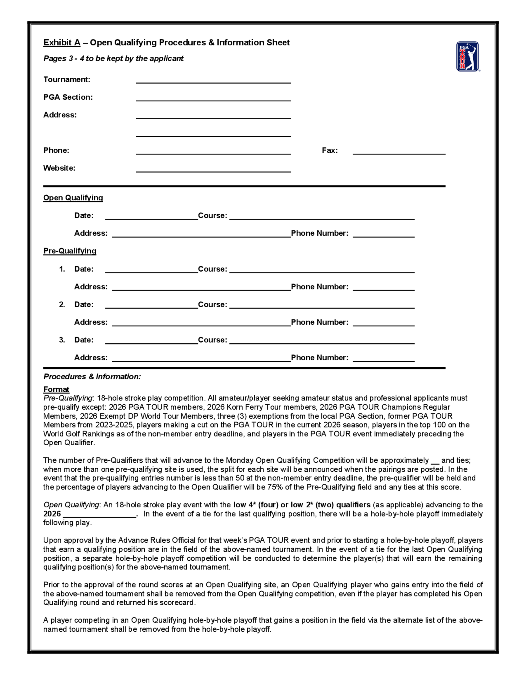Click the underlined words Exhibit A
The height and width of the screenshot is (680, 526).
62,43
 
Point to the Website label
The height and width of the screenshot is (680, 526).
59,168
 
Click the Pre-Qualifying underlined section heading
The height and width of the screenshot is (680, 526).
70,251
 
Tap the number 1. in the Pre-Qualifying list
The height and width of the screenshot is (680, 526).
62,269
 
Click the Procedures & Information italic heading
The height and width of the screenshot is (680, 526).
92,377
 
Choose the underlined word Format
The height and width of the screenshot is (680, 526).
56,389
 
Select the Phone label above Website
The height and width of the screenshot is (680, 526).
56,150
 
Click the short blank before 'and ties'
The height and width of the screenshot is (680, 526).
435,461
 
